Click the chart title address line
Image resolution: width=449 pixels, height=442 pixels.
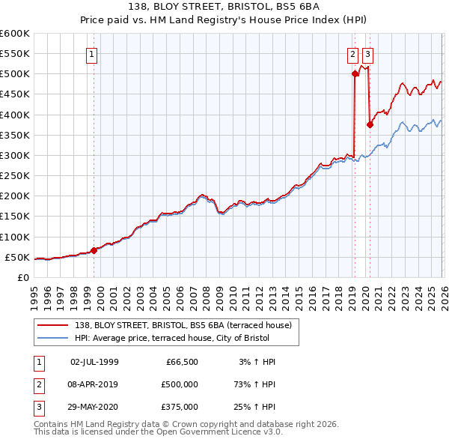coord(224,7)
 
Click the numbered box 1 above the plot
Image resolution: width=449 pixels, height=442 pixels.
coord(91,54)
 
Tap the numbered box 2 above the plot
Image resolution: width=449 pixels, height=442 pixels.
coord(352,54)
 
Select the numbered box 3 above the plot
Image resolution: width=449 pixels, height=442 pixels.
coord(368,54)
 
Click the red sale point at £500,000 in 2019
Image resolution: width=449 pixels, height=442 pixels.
coord(354,73)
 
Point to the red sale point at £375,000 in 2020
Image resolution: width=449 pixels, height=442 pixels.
coord(370,124)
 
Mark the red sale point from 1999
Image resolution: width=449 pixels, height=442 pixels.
coord(94,250)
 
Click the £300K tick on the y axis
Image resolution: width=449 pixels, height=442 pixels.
coord(15,155)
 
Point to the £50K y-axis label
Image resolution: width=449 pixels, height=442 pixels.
coord(17,257)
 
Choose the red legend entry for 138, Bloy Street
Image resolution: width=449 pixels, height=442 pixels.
coord(187,325)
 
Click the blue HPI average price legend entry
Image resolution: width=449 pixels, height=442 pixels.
coord(186,339)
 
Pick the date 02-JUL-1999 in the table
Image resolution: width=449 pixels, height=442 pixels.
coord(94,362)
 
